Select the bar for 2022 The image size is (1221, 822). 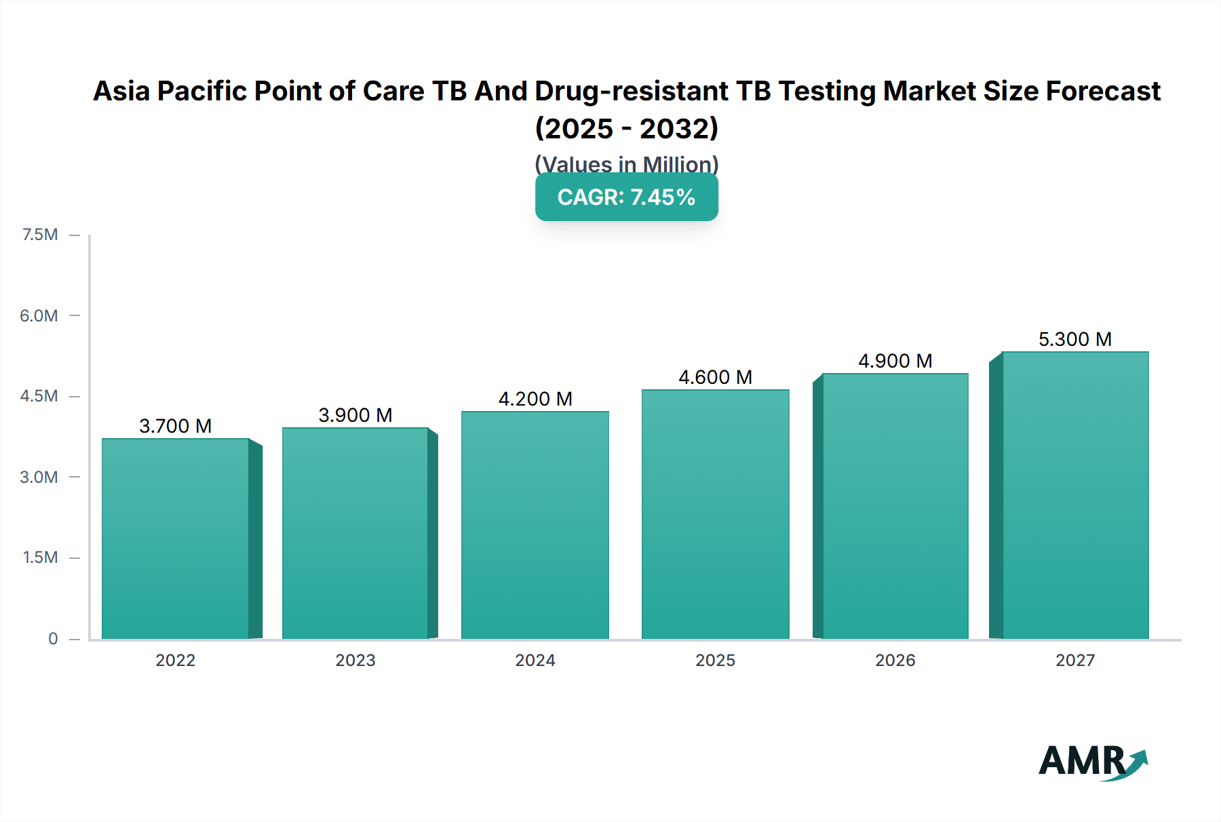(x=176, y=539)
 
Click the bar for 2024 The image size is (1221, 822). (x=535, y=526)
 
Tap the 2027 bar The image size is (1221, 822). (x=1075, y=495)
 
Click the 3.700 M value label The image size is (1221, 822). (x=176, y=426)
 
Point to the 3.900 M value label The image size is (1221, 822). (x=355, y=415)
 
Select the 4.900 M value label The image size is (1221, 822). (x=895, y=361)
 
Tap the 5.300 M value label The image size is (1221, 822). (x=1075, y=339)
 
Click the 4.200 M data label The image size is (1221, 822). (x=535, y=399)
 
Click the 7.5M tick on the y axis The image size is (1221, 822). (x=40, y=235)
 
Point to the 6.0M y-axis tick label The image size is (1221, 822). (x=39, y=315)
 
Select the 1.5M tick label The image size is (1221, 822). (x=40, y=557)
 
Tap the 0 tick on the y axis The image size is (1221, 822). (x=53, y=638)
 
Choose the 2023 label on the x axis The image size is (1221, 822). (x=355, y=660)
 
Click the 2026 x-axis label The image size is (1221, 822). (x=895, y=660)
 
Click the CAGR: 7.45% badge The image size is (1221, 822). (x=627, y=197)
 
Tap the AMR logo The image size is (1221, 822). (x=1092, y=762)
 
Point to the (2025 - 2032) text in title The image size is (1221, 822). (x=627, y=128)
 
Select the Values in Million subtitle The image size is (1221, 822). (x=627, y=163)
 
